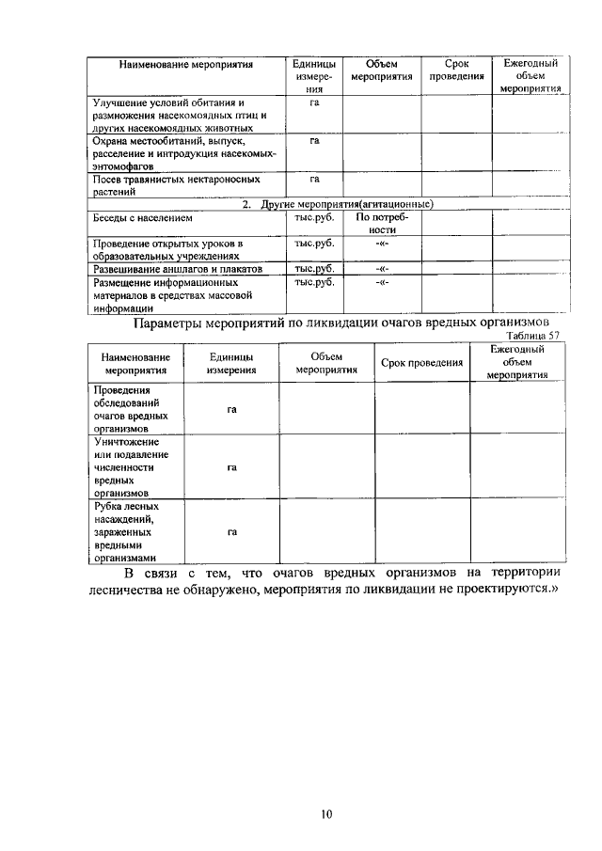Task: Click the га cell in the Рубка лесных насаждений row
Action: pos(231,531)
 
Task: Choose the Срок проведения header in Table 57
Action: pos(421,363)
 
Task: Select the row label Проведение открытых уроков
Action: pos(167,248)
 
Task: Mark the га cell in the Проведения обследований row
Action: pos(231,409)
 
